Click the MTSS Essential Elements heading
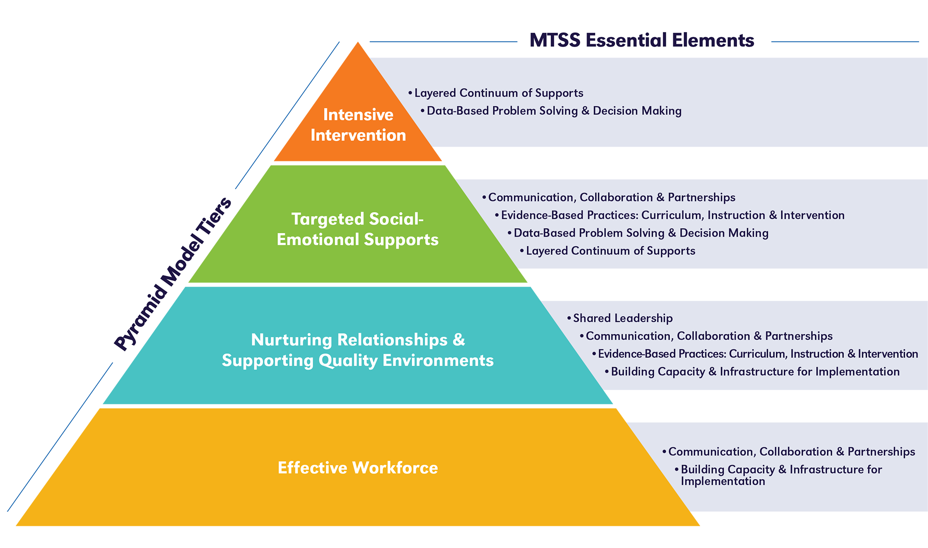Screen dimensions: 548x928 click(642, 40)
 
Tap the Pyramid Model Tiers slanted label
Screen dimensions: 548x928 click(173, 274)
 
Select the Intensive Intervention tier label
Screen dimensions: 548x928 click(358, 125)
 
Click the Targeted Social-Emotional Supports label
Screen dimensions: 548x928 click(357, 229)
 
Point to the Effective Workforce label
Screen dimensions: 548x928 click(358, 468)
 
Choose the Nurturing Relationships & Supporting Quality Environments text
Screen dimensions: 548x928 click(358, 350)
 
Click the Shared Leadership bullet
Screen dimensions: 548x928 click(622, 318)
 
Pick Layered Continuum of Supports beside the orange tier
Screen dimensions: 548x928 click(498, 93)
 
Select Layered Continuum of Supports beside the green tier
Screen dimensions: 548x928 click(610, 251)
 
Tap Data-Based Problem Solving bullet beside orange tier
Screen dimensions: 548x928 click(554, 111)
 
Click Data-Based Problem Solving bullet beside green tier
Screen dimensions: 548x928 click(641, 233)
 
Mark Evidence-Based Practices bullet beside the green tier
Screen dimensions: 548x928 click(672, 215)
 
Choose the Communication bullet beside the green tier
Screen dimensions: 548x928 click(612, 198)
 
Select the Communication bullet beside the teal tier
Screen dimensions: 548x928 click(709, 336)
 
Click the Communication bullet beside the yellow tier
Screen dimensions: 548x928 click(791, 452)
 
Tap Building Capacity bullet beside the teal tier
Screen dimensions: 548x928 click(755, 371)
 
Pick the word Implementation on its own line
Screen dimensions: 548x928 click(723, 481)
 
